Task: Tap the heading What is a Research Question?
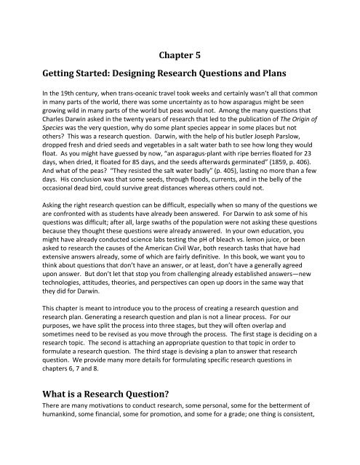tap(97, 416)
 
